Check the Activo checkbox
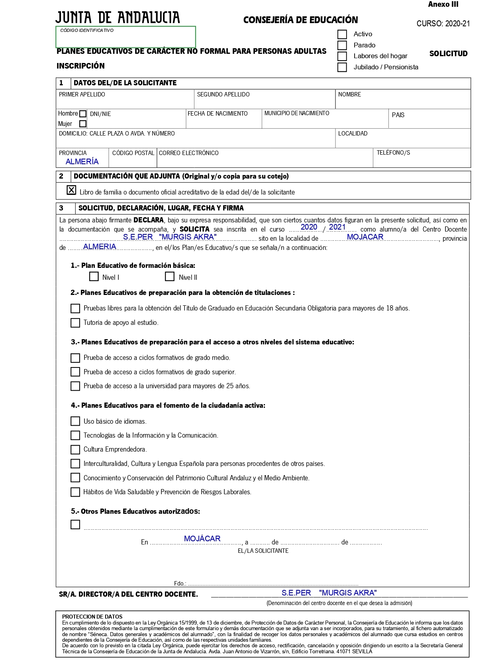pos(342,35)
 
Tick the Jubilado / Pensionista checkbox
pos(342,67)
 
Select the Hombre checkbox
pos(83,114)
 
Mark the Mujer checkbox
pos(83,124)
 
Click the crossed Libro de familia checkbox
pos(71,190)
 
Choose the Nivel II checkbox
pos(170,277)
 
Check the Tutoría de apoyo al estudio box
pos(75,323)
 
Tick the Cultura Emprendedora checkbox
pos(75,450)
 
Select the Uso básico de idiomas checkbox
pos(75,421)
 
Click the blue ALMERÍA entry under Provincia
pos(82,161)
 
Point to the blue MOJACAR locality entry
pos(365,237)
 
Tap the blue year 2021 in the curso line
pos(337,227)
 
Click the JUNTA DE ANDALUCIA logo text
pos(118,18)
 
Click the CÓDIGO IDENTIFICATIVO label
pos(87,30)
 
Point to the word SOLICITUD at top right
pos(448,54)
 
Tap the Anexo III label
pos(443,4)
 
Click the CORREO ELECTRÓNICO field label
pos(189,153)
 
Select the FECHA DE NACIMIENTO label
pos(218,114)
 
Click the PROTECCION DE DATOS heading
pos(92,617)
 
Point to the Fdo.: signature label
pos(180,584)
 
